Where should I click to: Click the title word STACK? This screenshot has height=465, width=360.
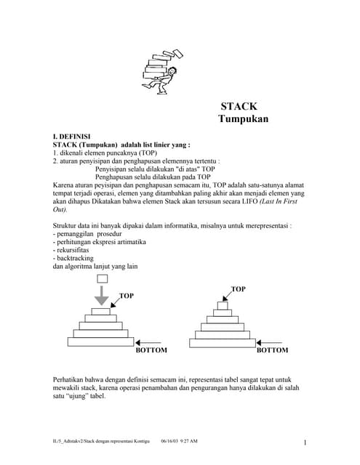coord(239,106)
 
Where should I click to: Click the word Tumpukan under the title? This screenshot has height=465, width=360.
coord(243,119)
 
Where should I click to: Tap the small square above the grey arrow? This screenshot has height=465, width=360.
coord(102,279)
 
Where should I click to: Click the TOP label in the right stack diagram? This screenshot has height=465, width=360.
coord(238,289)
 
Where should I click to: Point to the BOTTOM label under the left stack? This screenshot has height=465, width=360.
coord(151,350)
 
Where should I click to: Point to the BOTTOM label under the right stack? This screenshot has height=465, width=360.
coord(272,350)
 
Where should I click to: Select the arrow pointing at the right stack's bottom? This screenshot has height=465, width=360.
coord(271,341)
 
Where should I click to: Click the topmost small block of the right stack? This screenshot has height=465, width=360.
coord(223,306)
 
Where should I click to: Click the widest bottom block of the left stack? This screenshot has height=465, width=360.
coord(101,342)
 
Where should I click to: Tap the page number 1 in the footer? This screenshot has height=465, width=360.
coord(305,443)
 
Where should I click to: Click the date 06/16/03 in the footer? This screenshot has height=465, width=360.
coord(170,441)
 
